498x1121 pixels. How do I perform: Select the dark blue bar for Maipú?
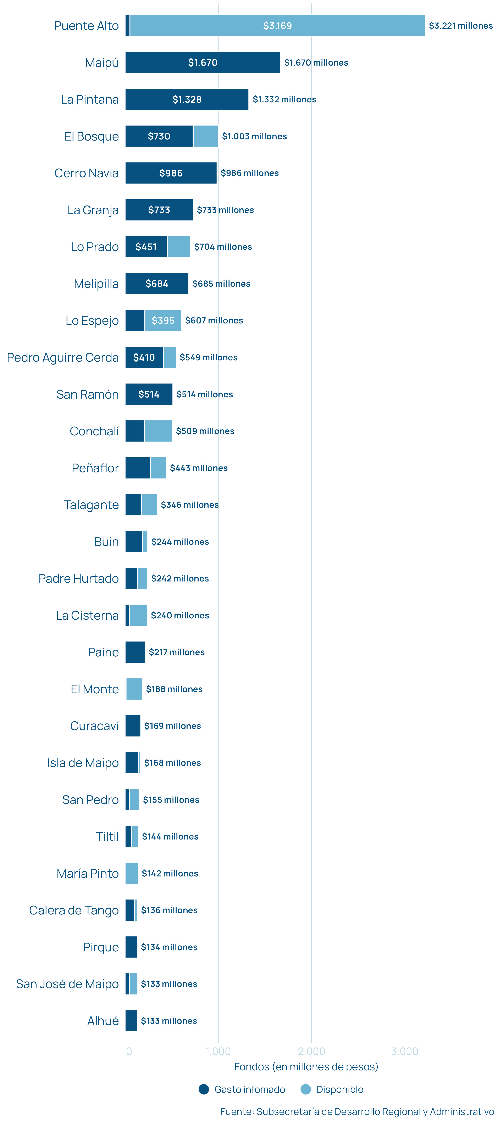(x=203, y=63)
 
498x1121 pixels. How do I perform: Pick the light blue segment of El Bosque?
(x=206, y=136)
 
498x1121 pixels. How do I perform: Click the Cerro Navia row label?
(x=87, y=173)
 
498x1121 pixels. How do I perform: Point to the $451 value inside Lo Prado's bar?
(x=146, y=247)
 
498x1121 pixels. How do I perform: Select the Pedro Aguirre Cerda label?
(x=63, y=357)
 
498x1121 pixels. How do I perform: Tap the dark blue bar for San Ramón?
(x=149, y=394)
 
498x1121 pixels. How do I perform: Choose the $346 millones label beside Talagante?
(x=190, y=505)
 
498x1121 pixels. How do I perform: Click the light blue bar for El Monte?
(x=134, y=689)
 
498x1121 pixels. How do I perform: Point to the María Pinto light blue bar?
(x=131, y=873)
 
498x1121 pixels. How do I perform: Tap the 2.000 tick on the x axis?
(x=311, y=1051)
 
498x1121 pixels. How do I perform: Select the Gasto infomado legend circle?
(x=204, y=1089)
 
